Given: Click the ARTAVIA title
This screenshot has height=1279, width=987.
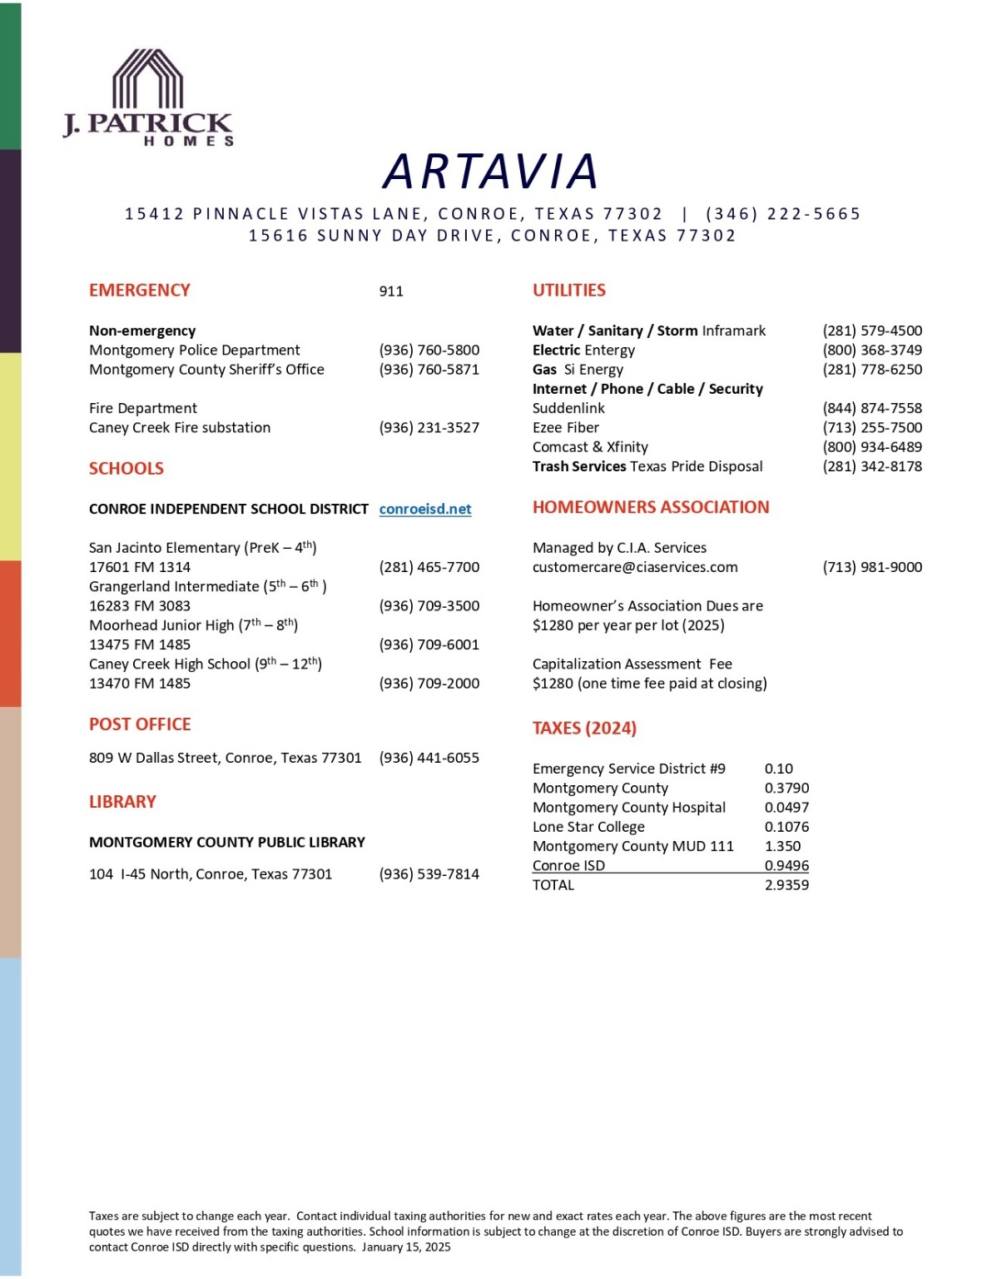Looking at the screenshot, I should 491,172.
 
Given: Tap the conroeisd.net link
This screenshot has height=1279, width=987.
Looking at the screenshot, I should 425,509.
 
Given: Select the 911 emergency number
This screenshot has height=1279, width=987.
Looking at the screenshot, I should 391,291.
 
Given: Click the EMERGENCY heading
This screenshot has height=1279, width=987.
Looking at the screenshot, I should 140,291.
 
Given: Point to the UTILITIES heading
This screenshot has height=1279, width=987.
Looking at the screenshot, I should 569,291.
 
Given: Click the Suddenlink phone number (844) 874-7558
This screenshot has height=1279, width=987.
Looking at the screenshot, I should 872,408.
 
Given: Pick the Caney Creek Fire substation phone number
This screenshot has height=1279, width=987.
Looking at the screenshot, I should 429,428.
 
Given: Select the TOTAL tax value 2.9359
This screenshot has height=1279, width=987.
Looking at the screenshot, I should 786,885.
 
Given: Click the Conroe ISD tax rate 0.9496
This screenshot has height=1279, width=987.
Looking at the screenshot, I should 786,866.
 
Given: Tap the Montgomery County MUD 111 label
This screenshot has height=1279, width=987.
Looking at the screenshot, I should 633,846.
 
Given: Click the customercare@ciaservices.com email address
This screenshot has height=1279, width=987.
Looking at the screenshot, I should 635,567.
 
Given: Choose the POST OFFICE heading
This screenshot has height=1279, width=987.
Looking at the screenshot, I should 140,724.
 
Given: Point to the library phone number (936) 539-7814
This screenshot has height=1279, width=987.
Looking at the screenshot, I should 429,874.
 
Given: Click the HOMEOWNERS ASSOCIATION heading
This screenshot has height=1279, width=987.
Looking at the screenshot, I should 651,507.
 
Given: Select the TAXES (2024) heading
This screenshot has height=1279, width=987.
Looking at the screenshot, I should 584,729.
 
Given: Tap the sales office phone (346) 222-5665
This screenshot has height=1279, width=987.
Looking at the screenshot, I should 783,214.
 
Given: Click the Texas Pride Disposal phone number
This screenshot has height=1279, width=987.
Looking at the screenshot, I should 872,466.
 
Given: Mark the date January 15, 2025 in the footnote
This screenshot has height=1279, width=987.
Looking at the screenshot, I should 406,1247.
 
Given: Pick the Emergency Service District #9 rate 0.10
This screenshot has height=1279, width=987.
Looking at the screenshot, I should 779,769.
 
